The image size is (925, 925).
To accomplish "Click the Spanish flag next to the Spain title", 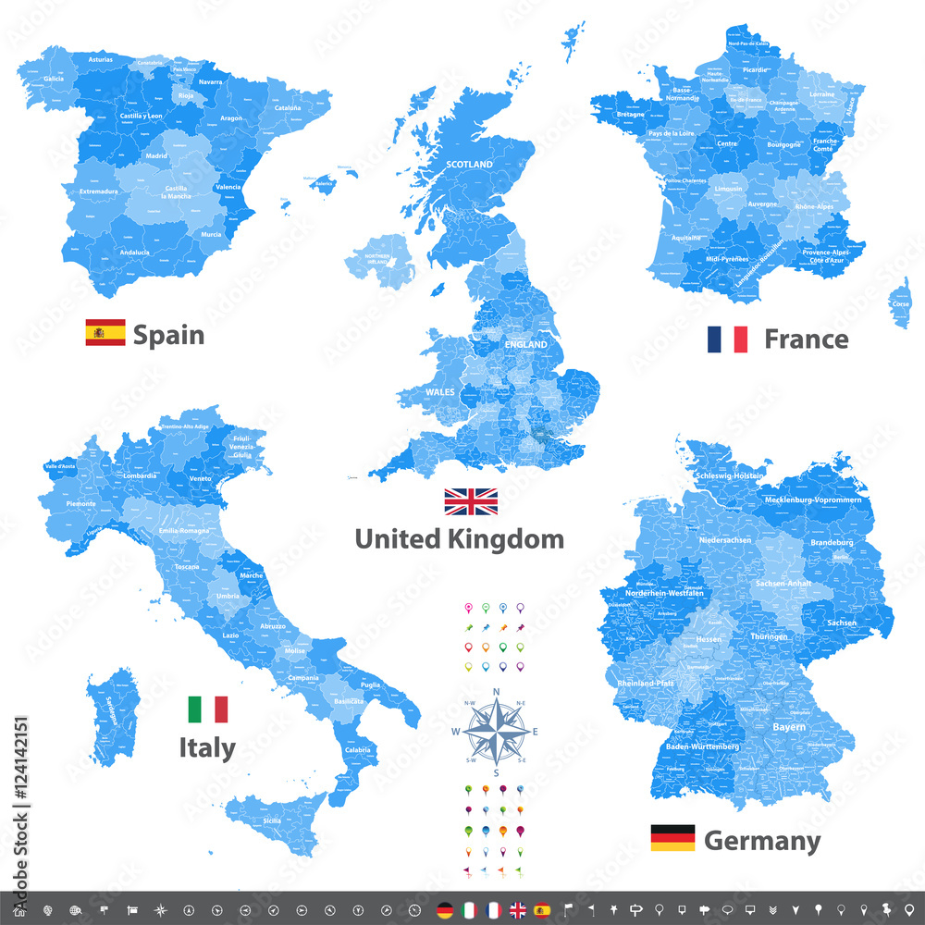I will (x=105, y=332).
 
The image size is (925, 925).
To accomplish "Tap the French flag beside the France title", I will (x=727, y=339).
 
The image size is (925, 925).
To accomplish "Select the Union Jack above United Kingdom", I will (x=471, y=501).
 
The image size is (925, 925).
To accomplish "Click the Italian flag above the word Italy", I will (x=207, y=709).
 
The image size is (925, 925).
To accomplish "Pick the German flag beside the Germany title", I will (x=672, y=838).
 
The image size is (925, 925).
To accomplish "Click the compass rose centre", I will (x=497, y=731).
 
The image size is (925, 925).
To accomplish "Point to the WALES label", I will (x=439, y=392).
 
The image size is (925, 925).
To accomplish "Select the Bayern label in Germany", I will (x=788, y=727).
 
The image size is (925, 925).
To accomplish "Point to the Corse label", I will (x=900, y=303).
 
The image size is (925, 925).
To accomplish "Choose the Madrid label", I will (x=155, y=155).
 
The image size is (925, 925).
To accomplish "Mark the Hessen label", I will (x=709, y=639).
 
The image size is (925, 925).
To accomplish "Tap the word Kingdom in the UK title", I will (x=505, y=538).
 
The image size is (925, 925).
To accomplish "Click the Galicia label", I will (x=54, y=79).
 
